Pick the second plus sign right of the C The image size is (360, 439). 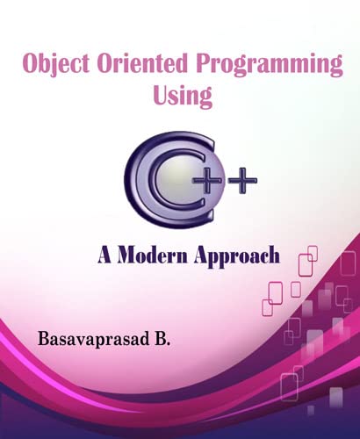[243, 181]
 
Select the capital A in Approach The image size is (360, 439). [202, 255]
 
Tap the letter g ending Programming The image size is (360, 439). [334, 71]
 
